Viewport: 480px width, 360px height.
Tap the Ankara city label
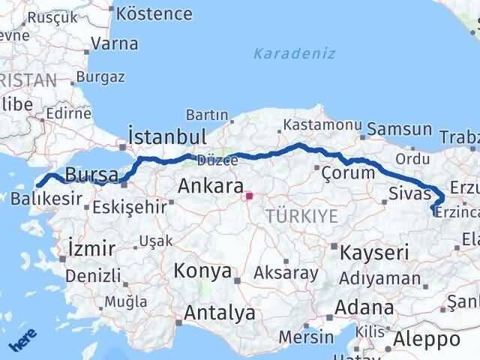point(211,186)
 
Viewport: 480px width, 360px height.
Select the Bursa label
point(91,175)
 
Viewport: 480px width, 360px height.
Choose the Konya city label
point(202,271)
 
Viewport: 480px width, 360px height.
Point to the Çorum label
point(347,172)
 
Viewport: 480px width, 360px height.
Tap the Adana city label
point(365,307)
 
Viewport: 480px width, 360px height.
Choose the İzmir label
point(91,248)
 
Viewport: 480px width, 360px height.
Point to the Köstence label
point(154,13)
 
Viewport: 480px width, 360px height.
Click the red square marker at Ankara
point(250,197)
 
